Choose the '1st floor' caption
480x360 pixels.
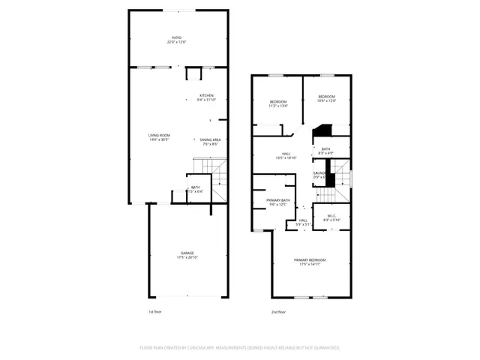click(x=154, y=311)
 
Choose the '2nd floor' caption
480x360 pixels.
click(x=279, y=311)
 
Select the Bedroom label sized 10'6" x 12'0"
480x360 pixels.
click(x=325, y=98)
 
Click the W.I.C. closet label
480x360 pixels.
click(x=331, y=217)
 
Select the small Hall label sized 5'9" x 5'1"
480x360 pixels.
click(x=304, y=222)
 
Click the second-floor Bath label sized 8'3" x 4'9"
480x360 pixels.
click(x=326, y=151)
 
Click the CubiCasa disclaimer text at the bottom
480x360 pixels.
click(x=240, y=348)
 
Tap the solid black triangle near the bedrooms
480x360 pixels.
click(x=322, y=132)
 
